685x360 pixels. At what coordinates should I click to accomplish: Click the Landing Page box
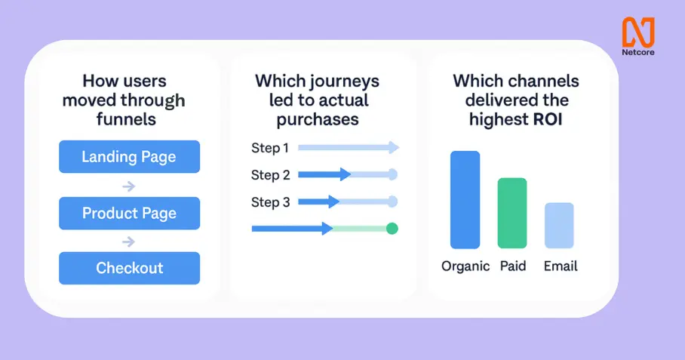(x=129, y=156)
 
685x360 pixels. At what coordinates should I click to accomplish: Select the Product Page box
(x=129, y=213)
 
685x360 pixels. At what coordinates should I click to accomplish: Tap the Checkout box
(x=129, y=268)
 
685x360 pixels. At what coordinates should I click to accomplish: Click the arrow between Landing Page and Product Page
(x=129, y=186)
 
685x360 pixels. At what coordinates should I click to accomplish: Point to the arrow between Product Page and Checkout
(x=129, y=242)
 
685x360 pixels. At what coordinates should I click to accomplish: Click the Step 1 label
(x=270, y=148)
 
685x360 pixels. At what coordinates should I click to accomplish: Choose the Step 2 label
(x=270, y=175)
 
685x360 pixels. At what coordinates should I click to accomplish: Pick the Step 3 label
(x=270, y=202)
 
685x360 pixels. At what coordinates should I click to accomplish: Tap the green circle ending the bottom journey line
(x=392, y=229)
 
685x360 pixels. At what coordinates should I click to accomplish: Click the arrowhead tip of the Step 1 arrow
(x=399, y=148)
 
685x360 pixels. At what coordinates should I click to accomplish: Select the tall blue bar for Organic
(x=465, y=200)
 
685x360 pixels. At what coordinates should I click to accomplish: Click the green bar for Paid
(x=512, y=213)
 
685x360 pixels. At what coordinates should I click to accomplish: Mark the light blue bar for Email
(x=559, y=226)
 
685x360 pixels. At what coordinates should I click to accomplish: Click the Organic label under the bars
(x=465, y=266)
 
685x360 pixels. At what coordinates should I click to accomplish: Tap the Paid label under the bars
(x=513, y=266)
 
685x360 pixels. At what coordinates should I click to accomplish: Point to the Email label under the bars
(x=561, y=266)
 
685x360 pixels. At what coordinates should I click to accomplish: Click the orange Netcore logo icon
(x=638, y=32)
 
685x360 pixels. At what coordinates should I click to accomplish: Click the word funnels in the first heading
(x=126, y=119)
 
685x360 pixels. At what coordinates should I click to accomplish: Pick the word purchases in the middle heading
(x=318, y=120)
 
